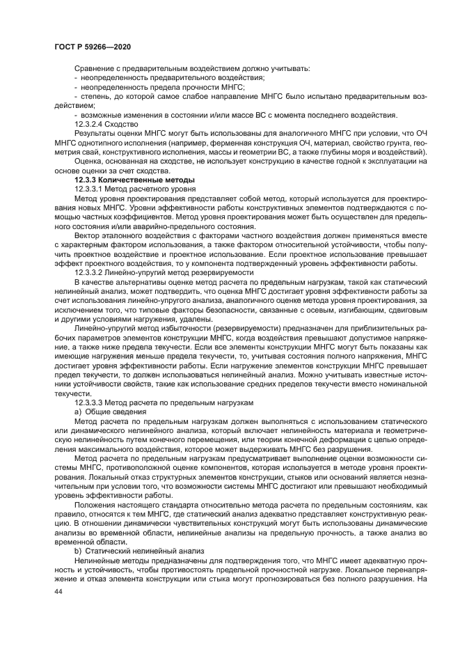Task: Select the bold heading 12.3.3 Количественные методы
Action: [126, 180]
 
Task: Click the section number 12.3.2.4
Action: [93, 123]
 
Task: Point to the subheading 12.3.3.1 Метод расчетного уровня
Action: [127, 189]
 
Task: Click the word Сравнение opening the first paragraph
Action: [96, 68]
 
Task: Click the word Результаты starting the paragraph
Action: [97, 132]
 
